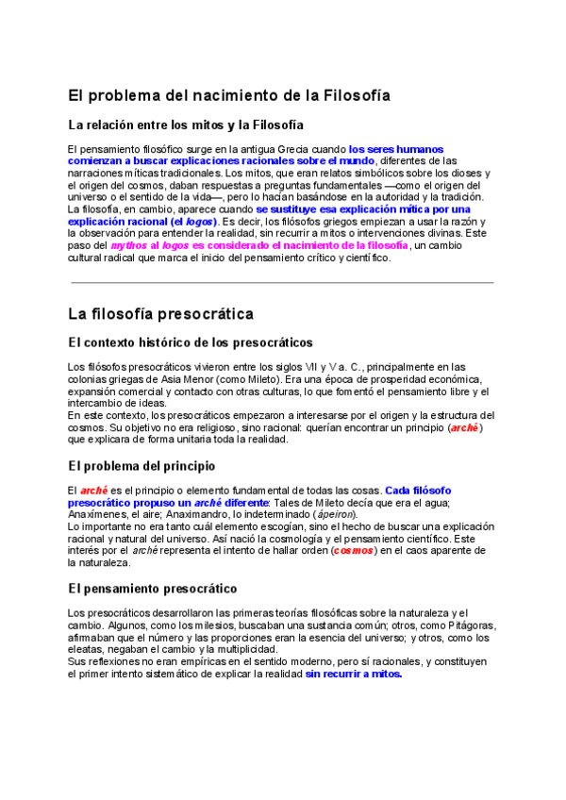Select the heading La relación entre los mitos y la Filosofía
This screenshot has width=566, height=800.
(186, 125)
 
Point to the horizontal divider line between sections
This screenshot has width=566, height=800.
(282, 282)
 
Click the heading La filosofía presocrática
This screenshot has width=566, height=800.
(160, 313)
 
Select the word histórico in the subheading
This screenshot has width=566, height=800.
(170, 342)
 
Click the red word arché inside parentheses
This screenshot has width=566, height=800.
(464, 427)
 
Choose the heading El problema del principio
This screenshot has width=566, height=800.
(141, 466)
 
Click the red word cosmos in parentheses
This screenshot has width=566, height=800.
(354, 551)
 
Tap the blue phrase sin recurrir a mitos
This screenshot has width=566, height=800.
(354, 674)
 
